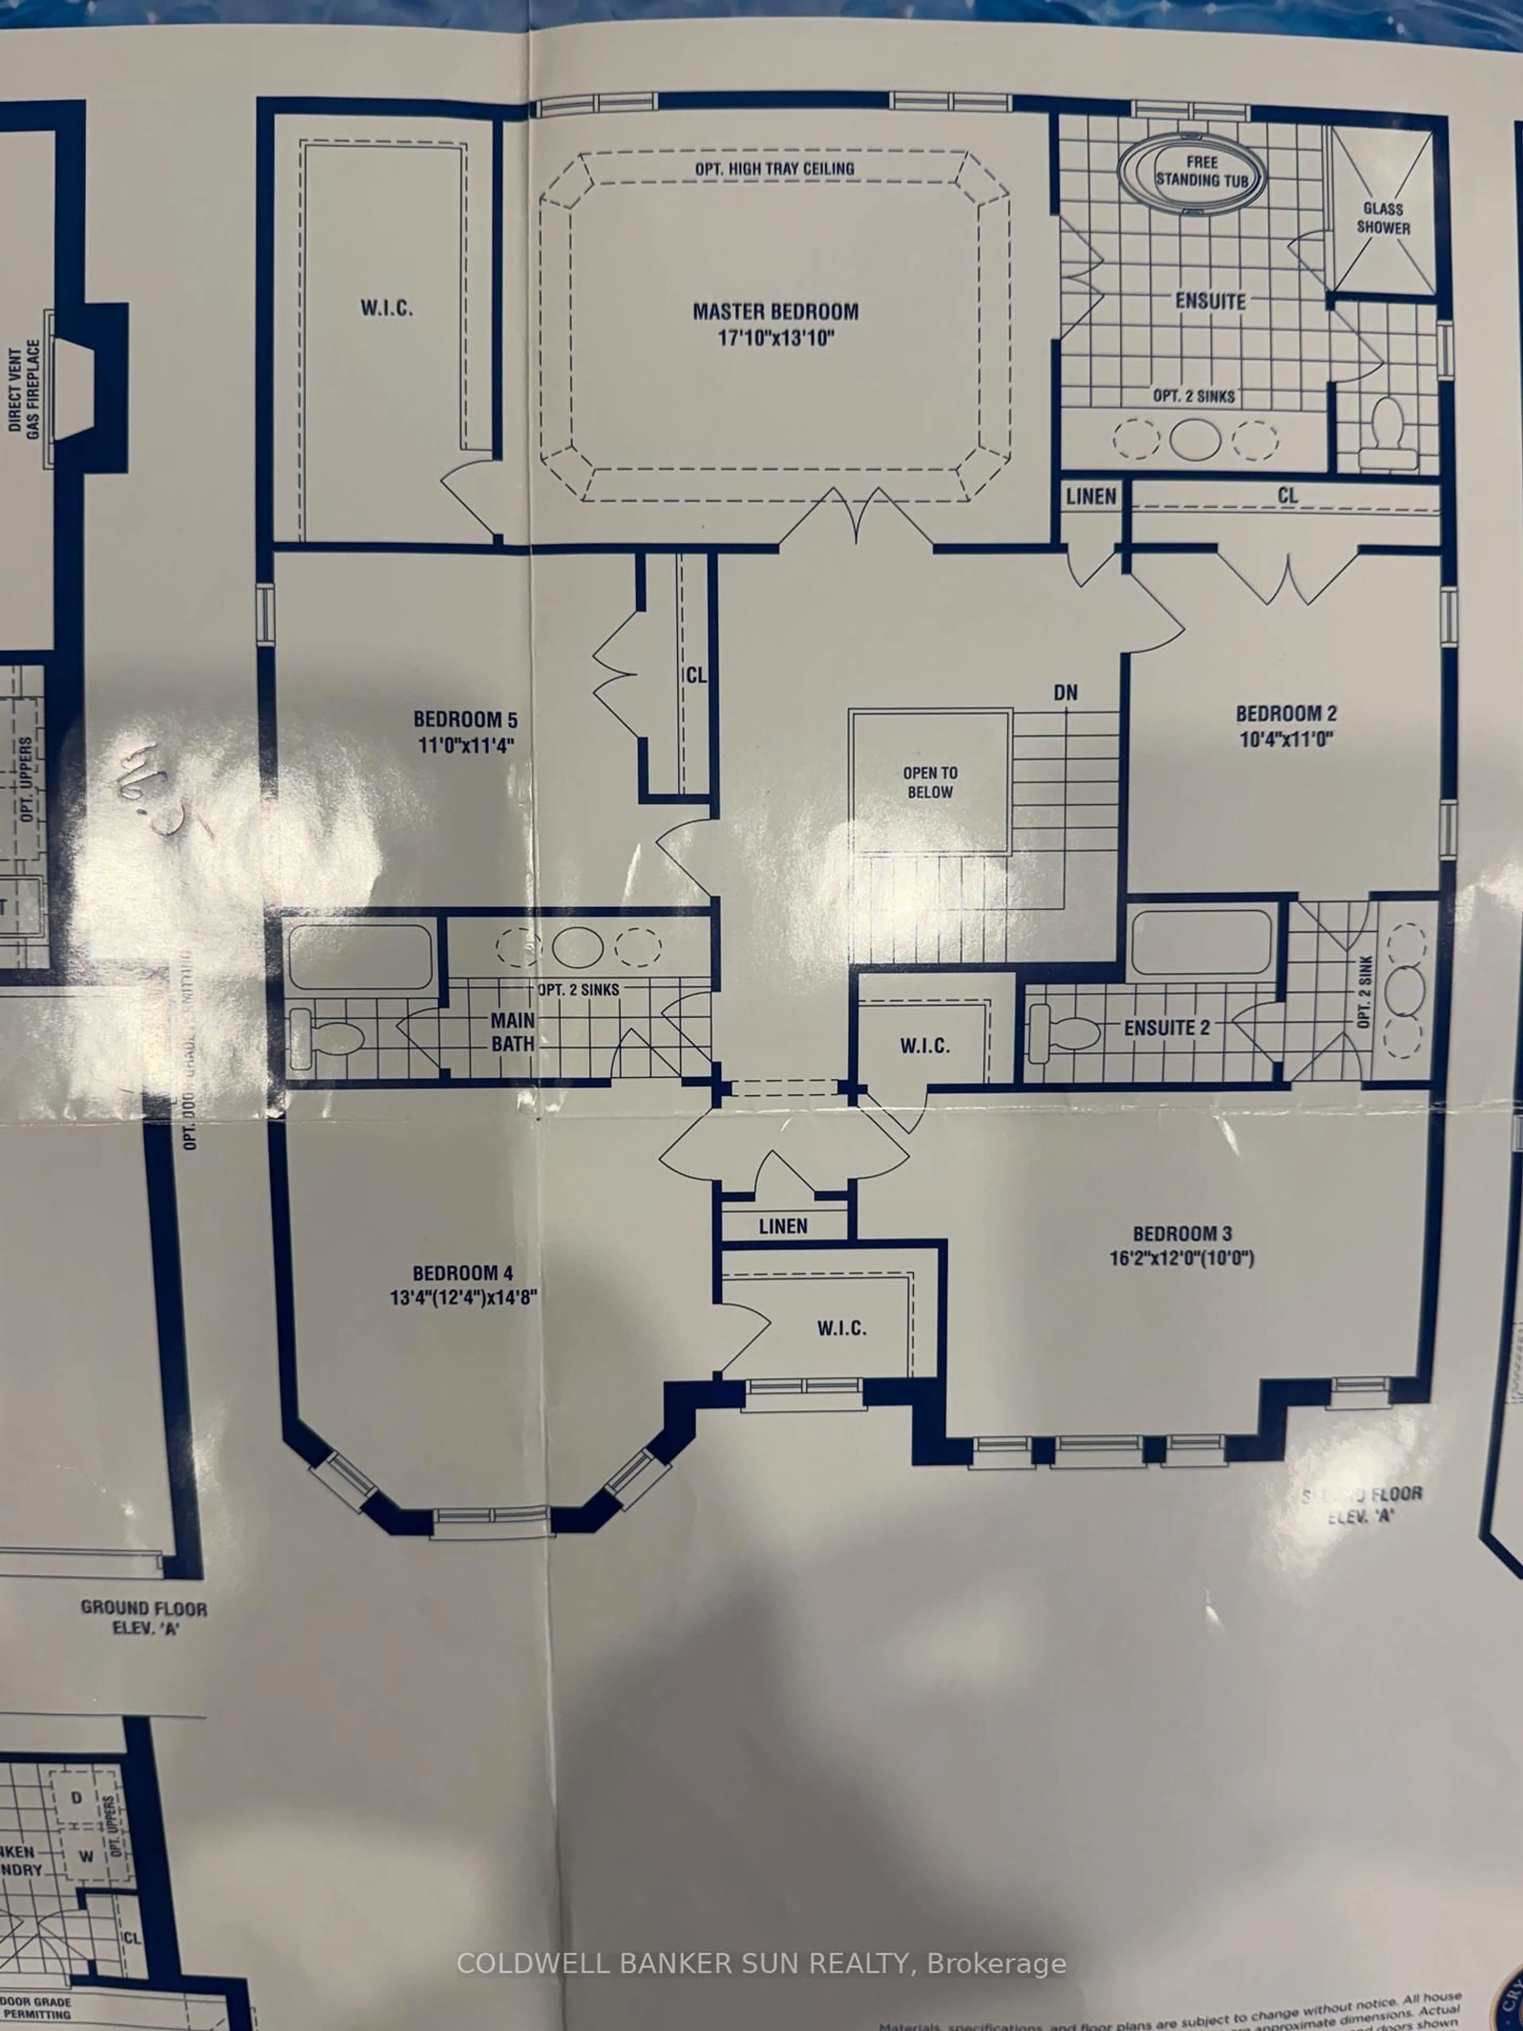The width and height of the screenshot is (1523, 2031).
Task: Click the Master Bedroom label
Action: [x=776, y=311]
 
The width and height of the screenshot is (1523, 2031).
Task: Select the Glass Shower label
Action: [x=1383, y=219]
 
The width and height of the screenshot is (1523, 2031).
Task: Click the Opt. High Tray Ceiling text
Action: [x=775, y=169]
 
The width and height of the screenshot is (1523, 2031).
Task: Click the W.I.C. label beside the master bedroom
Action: [x=386, y=307]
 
